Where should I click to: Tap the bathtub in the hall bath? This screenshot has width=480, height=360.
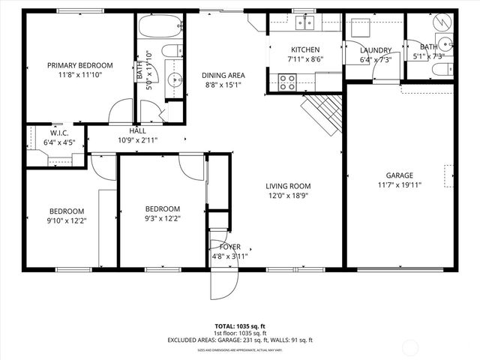coord(160,28)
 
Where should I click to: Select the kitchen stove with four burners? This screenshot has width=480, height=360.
coord(286,82)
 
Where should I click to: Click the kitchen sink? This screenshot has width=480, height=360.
coord(304,22)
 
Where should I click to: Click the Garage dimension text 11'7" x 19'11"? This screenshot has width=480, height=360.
coord(400,186)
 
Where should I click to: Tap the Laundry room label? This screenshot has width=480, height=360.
coord(375,50)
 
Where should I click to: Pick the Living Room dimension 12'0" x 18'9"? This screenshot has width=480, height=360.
coord(288,196)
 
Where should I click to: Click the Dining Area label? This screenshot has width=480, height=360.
coord(223,75)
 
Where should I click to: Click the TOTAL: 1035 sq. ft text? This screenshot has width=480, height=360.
coord(240,326)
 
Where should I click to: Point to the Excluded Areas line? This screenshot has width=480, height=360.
coord(240,340)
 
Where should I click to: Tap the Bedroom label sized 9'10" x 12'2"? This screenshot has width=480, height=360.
coord(67,211)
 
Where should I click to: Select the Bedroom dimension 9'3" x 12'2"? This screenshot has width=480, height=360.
coord(162,218)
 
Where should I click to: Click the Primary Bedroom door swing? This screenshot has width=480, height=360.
coord(119,112)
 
